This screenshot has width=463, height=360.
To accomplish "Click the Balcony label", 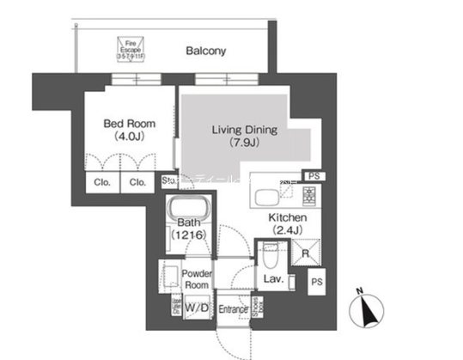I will point(206,51).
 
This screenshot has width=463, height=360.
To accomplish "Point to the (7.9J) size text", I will point(244,143).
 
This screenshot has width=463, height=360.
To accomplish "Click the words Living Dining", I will point(245,130).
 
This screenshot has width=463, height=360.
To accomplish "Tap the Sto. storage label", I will point(168,181).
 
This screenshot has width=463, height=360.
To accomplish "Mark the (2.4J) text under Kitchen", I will point(284,231).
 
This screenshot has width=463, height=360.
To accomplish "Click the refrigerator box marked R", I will point(305,253).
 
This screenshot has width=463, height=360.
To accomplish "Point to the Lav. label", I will point(275,279).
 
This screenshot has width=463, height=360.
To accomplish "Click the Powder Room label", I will point(197,279).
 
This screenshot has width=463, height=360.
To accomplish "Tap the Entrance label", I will point(233,309).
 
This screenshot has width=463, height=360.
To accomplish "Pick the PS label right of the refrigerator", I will point(317,281).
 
